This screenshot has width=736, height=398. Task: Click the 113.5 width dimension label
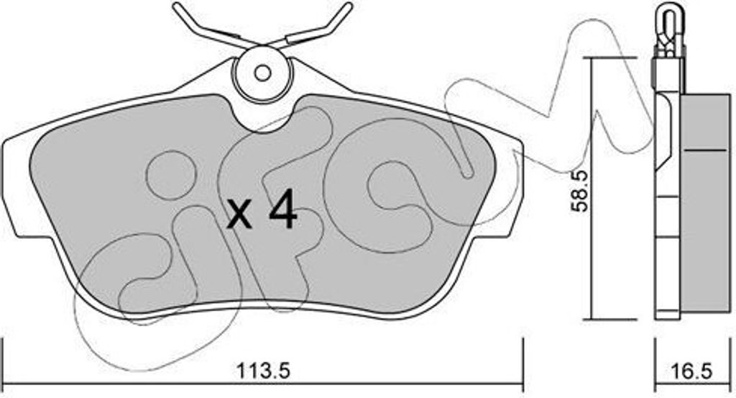click(x=263, y=371)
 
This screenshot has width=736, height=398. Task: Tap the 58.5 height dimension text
click(x=580, y=190)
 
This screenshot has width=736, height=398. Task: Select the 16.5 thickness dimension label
click(x=694, y=371)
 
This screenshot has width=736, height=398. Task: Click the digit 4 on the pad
click(x=283, y=209)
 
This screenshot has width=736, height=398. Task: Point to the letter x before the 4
click(x=240, y=215)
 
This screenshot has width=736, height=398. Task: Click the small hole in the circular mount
click(x=263, y=73)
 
